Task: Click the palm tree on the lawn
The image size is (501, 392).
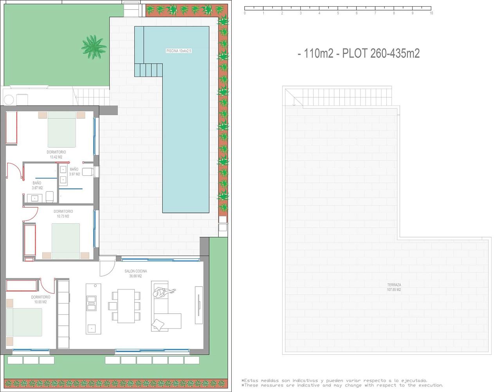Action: point(94,47)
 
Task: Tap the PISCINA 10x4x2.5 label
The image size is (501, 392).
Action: point(179,51)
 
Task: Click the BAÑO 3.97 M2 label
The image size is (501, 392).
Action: point(74,172)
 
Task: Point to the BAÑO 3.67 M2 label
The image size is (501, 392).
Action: point(37,185)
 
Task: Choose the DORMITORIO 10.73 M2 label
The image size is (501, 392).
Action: point(63,214)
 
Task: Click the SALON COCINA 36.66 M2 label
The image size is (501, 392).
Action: point(135,273)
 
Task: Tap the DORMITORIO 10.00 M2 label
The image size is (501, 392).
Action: point(41,299)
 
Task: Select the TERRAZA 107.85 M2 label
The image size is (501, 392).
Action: point(394,287)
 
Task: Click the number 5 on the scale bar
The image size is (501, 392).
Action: point(338,13)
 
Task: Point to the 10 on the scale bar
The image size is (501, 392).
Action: point(431,13)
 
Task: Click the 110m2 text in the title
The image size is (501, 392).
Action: point(319,54)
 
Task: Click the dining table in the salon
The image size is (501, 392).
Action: point(126,306)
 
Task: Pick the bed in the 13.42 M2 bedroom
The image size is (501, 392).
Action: point(62,129)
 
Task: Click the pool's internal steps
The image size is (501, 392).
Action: point(148,70)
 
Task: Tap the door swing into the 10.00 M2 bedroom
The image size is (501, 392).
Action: point(47,286)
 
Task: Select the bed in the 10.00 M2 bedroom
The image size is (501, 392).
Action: point(24,322)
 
